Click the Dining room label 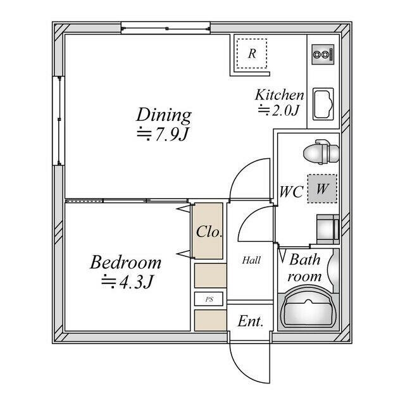pyautogui.click(x=164, y=115)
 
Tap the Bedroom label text pyautogui.click(x=125, y=263)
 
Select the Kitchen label pyautogui.click(x=280, y=95)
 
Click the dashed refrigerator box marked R pyautogui.click(x=252, y=53)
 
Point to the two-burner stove pyautogui.click(x=323, y=54)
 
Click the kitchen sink pyautogui.click(x=323, y=104)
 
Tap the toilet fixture pyautogui.click(x=321, y=152)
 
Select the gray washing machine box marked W pyautogui.click(x=322, y=189)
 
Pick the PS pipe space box pyautogui.click(x=209, y=299)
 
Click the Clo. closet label pyautogui.click(x=209, y=232)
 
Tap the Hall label pyautogui.click(x=251, y=260)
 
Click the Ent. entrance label pyautogui.click(x=251, y=321)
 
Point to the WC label pyautogui.click(x=291, y=192)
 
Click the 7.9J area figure pyautogui.click(x=162, y=134)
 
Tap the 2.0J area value pyautogui.click(x=278, y=110)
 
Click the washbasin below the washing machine pyautogui.click(x=328, y=229)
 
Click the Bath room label pyautogui.click(x=305, y=268)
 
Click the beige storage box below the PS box pyautogui.click(x=211, y=320)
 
